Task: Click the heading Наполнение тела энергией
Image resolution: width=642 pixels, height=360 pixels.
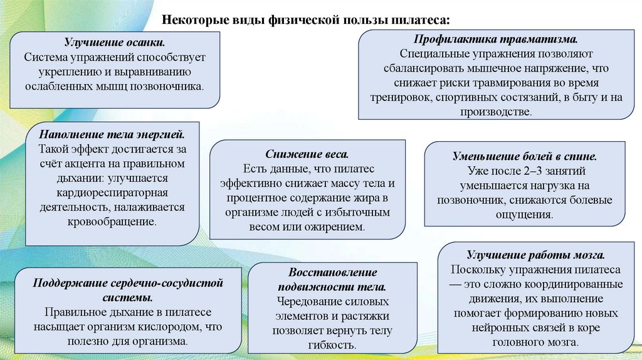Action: coord(112,135)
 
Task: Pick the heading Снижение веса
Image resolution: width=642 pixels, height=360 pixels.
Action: coord(307,154)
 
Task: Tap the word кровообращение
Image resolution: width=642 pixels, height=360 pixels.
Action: coord(112,221)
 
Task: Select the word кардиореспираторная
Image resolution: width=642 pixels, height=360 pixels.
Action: coord(113,193)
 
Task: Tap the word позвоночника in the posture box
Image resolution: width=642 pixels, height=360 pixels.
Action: coord(171,86)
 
